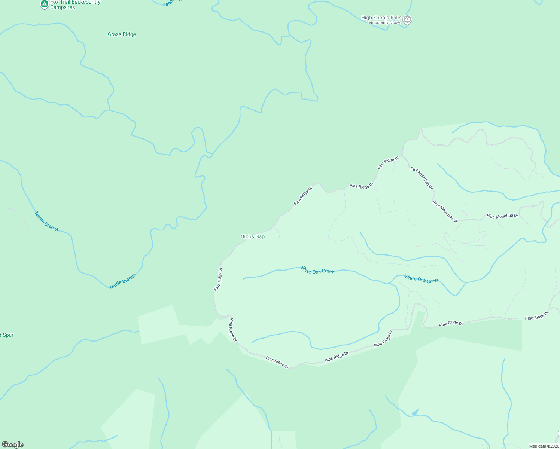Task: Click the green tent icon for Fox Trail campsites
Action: [x=44, y=4]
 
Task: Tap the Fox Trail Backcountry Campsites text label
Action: [x=75, y=5]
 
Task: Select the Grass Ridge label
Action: [x=122, y=34]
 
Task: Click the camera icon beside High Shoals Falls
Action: [x=408, y=19]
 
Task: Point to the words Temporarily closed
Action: [x=384, y=22]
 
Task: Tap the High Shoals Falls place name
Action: [x=381, y=18]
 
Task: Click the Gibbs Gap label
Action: [x=253, y=236]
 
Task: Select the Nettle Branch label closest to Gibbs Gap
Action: [x=123, y=281]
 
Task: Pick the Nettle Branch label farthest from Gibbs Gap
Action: [x=47, y=222]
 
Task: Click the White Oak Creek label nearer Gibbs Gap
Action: [x=317, y=270]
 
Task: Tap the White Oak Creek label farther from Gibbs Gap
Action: [x=421, y=279]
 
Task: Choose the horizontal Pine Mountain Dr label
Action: [x=502, y=216]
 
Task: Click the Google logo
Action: [x=13, y=445]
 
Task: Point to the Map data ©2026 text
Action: [x=543, y=446]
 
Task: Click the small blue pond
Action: [x=415, y=412]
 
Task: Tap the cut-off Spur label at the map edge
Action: [x=7, y=335]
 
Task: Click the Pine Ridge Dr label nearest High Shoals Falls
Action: [x=388, y=163]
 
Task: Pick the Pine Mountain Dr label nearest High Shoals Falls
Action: [x=421, y=178]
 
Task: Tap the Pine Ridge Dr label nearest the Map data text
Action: [x=536, y=315]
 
